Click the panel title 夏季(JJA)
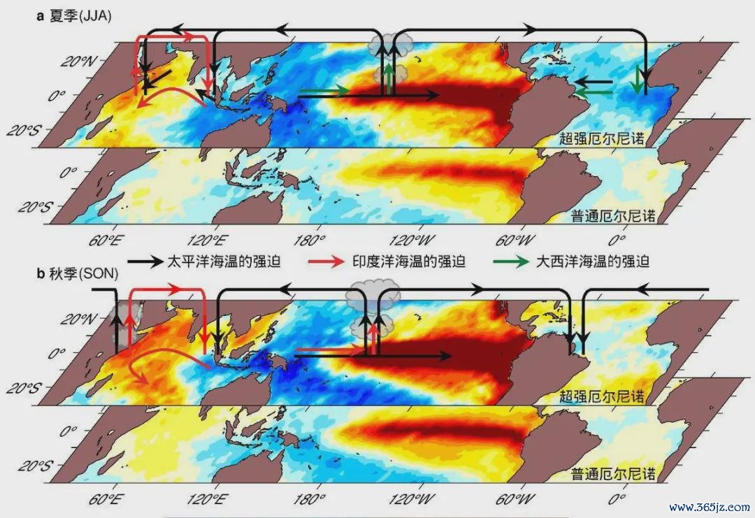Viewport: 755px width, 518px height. [x=80, y=16]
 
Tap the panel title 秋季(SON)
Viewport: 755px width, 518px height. [x=84, y=273]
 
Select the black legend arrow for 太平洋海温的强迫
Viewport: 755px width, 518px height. [x=145, y=261]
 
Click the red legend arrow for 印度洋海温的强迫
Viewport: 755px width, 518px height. [x=326, y=261]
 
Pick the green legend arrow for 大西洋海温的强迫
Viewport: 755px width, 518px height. [x=511, y=261]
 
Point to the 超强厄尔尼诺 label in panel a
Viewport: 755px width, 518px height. [x=601, y=138]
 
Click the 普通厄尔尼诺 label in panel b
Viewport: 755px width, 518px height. [x=614, y=474]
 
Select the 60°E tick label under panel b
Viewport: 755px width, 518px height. [x=104, y=499]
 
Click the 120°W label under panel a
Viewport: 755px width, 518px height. [x=412, y=240]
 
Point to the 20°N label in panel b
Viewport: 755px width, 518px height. [x=78, y=319]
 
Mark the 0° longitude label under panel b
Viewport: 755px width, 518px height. [x=617, y=499]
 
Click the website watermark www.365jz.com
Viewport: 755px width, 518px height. [x=710, y=507]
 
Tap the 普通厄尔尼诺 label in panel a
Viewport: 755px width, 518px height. [x=614, y=216]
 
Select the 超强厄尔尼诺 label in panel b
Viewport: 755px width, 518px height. [x=601, y=396]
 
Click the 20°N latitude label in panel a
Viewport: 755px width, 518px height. [x=78, y=61]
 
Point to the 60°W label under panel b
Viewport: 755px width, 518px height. [x=515, y=499]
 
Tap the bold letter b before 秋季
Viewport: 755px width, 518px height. [x=41, y=273]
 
